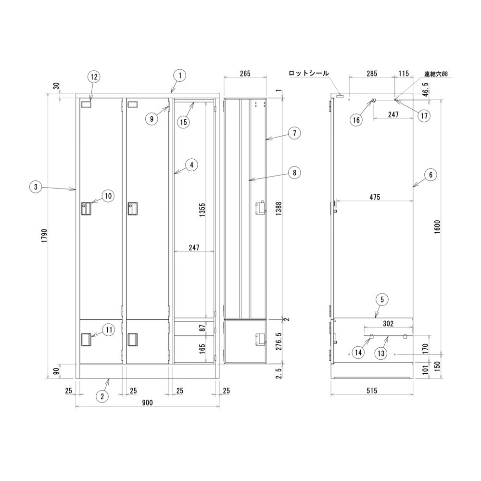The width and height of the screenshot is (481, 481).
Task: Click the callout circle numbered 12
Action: pos(94,76)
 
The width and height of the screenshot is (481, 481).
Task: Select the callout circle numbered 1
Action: pos(180,76)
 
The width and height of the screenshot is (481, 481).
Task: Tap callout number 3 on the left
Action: pos(36,187)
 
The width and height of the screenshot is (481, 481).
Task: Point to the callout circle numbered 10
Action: pos(108,196)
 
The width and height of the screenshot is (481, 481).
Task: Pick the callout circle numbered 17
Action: pos(424,115)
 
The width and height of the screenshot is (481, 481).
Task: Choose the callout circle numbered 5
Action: pos(382,299)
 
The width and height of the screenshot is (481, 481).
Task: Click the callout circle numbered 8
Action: pos(294,173)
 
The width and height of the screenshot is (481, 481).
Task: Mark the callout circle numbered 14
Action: pos(358,353)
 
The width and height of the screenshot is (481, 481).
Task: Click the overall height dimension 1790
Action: pos(44,236)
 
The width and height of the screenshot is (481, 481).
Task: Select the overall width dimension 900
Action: pos(147,403)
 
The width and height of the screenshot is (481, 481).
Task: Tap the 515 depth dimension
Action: pos(371,391)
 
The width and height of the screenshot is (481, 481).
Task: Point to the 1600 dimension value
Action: pos(437,227)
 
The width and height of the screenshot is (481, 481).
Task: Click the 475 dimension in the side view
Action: pos(375,197)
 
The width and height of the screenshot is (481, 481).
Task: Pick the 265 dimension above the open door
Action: pos(245,73)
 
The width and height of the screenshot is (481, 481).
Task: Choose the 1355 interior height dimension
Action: pos(202,210)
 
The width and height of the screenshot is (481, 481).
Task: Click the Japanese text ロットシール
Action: pos(309,73)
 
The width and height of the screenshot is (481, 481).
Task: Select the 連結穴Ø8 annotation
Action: pos(436,74)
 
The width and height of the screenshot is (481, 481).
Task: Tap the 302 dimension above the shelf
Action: pos(388,323)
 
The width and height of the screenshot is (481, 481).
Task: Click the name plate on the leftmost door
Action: pos(86,104)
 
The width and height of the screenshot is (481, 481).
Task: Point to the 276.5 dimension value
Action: pos(278,342)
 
